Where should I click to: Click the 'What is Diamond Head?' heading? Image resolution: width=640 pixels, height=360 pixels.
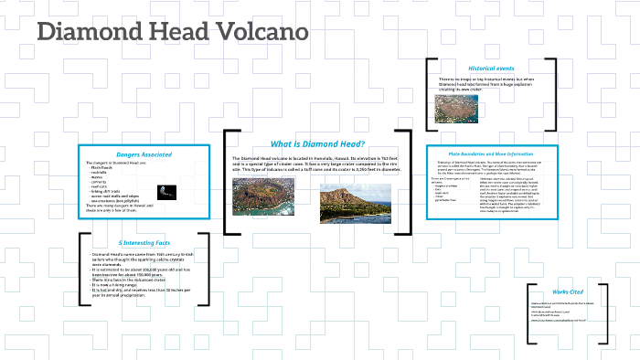tap(317, 143)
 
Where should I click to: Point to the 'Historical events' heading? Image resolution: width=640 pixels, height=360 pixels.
tap(491, 69)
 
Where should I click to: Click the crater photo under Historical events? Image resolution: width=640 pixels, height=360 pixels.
tap(455, 109)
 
